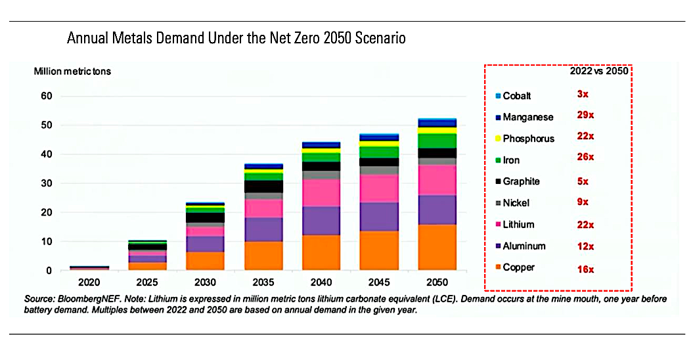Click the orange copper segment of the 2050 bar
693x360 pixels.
(437, 247)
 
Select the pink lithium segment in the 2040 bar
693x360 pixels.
(321, 192)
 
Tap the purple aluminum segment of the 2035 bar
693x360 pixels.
(263, 229)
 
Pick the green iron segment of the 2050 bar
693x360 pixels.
(437, 141)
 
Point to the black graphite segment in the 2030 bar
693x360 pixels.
(205, 217)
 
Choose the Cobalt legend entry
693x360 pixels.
(516, 96)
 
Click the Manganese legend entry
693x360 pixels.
(527, 118)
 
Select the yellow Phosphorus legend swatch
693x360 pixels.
(497, 139)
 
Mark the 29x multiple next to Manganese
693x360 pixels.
(585, 115)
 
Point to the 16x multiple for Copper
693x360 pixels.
(585, 269)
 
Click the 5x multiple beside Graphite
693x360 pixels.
(583, 181)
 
